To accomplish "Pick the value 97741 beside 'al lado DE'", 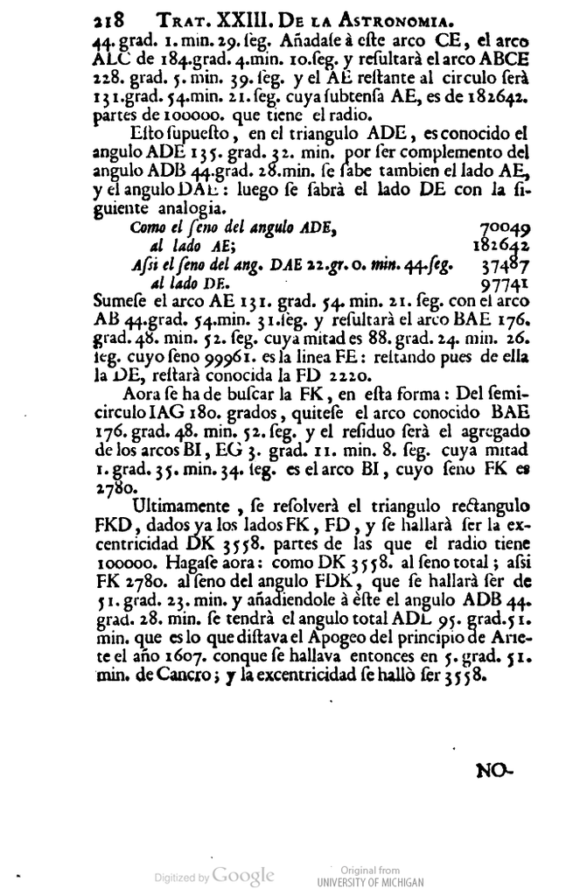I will pyautogui.click(x=506, y=283).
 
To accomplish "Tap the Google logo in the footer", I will pyautogui.click(x=244, y=875).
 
